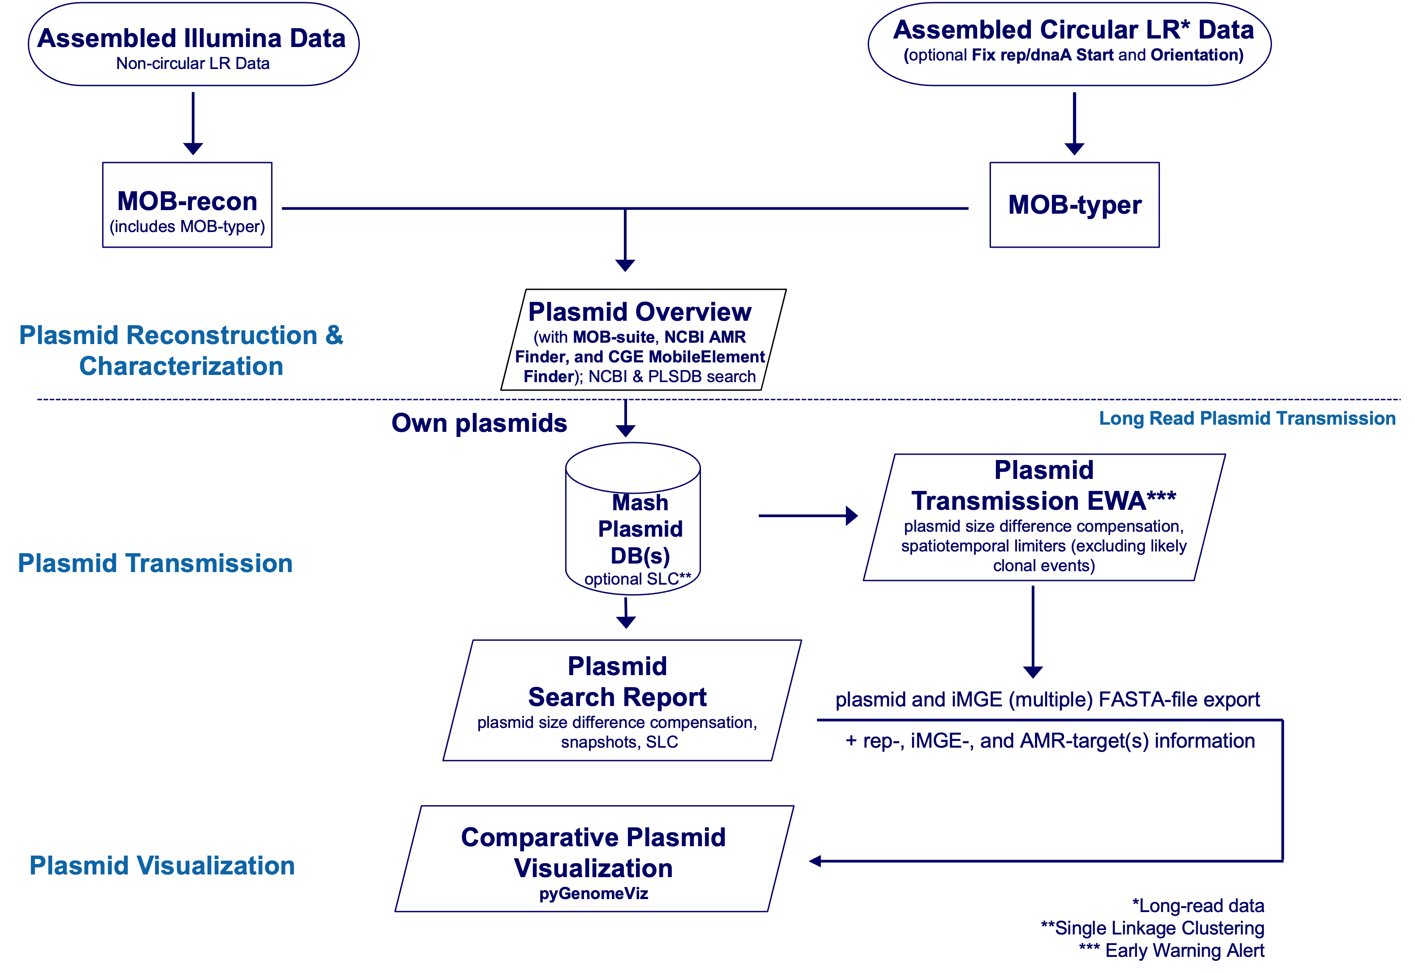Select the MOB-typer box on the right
click(1074, 205)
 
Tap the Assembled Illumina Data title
click(191, 39)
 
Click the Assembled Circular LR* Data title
click(1073, 30)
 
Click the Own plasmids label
click(480, 423)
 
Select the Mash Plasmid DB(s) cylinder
click(633, 518)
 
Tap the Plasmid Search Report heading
click(617, 681)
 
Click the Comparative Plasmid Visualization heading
click(593, 852)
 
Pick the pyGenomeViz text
click(593, 894)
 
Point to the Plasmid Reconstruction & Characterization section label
click(181, 351)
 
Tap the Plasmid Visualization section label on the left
click(162, 865)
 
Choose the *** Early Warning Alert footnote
click(1172, 951)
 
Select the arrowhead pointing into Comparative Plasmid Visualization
click(815, 861)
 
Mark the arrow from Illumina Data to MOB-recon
click(193, 123)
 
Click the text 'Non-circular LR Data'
click(193, 64)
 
